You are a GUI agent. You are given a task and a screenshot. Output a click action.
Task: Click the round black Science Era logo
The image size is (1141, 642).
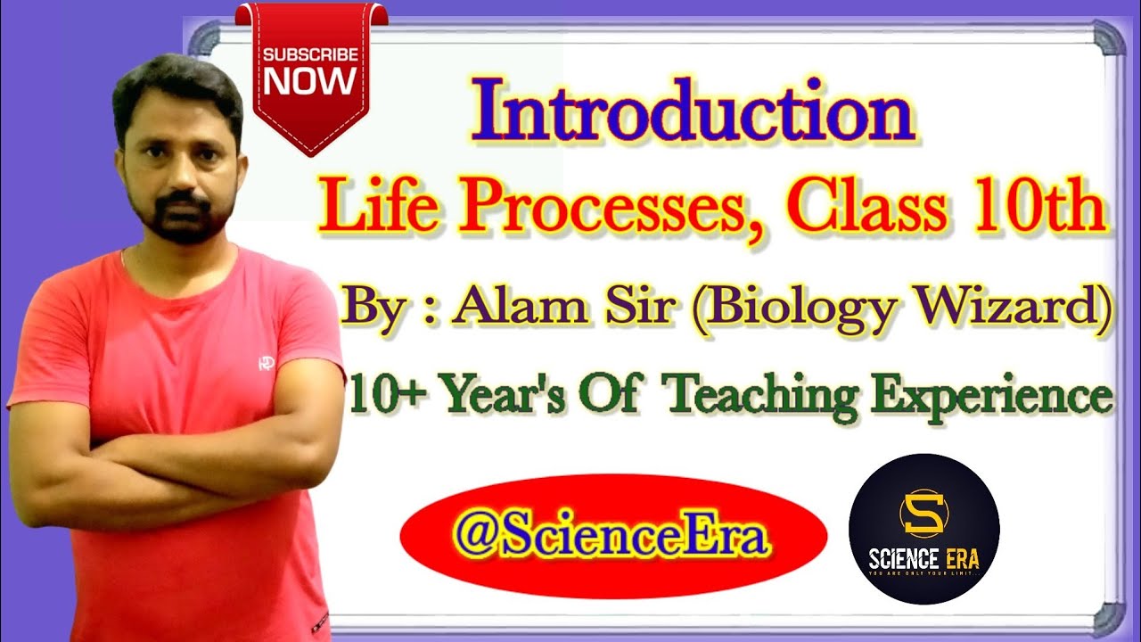click(923, 529)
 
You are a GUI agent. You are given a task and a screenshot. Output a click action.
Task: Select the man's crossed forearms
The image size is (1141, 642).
click(178, 464)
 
